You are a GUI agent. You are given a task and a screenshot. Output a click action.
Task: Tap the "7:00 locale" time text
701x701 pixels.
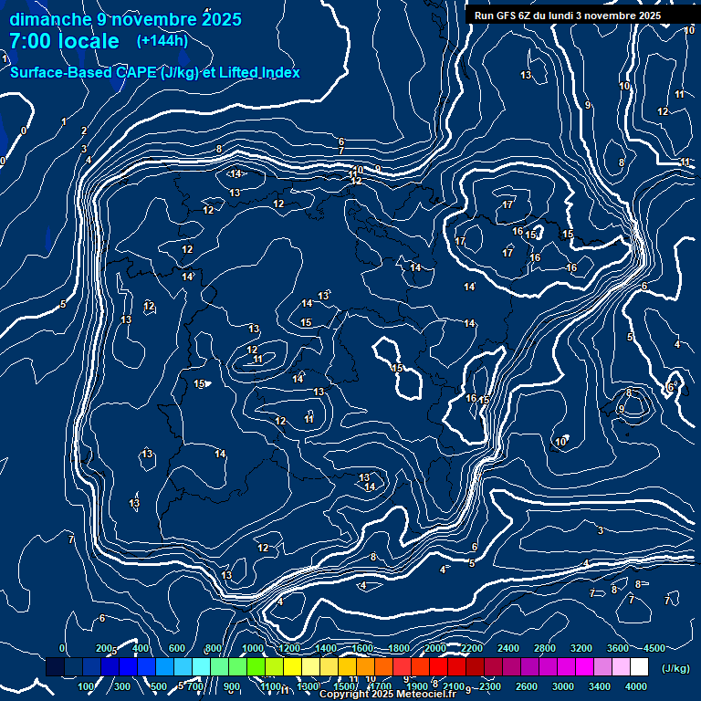[64, 41]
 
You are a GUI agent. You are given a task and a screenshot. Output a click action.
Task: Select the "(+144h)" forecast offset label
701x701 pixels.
[162, 40]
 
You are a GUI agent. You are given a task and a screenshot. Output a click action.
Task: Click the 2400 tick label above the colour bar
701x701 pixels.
[508, 648]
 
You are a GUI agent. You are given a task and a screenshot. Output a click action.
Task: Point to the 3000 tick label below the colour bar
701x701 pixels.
[563, 686]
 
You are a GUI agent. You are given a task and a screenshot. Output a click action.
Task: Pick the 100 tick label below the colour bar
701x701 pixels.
[87, 686]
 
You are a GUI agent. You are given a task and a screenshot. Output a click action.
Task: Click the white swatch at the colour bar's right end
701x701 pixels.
[639, 667]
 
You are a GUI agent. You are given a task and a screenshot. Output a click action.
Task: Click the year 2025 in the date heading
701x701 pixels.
[222, 19]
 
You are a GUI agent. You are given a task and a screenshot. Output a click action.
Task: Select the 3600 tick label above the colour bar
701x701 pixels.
[618, 648]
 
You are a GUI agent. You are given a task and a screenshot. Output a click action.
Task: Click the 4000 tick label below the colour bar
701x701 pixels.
[636, 686]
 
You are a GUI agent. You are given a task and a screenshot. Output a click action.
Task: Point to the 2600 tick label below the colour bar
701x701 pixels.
[527, 686]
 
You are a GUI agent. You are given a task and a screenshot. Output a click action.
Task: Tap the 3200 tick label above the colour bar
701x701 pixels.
[581, 648]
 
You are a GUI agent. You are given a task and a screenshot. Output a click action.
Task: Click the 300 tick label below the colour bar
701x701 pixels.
[123, 686]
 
